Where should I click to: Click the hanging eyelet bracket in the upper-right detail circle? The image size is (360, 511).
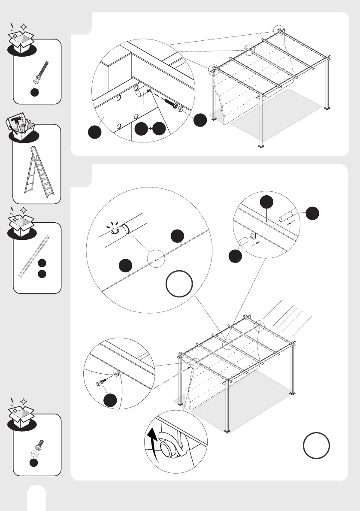[x=252, y=236]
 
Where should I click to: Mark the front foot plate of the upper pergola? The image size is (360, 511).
[x=261, y=148]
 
